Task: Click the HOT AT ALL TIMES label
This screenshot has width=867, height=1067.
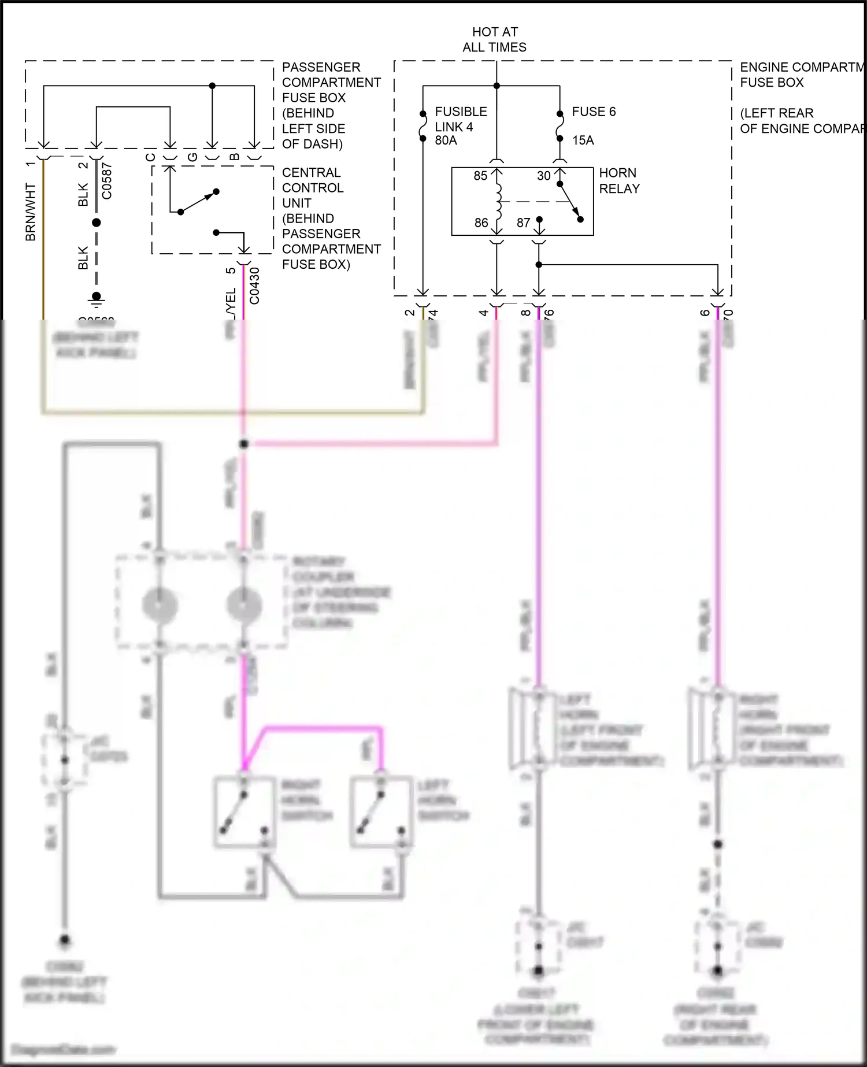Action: point(494,39)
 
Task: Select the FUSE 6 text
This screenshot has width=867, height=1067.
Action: point(594,112)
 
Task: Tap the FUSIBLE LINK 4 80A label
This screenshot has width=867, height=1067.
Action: point(460,126)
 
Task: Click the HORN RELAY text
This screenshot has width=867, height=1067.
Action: point(619,181)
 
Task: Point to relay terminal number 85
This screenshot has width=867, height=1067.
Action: point(480,176)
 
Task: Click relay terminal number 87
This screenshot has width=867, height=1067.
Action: point(523,223)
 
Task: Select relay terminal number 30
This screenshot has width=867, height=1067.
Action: point(543,176)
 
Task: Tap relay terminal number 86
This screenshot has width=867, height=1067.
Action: point(481,223)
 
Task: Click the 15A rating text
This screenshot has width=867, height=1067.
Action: point(583,140)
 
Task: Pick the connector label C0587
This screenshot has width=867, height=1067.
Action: point(107,181)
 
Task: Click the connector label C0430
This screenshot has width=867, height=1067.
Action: point(254,286)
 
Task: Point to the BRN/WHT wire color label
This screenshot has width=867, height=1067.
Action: point(31,212)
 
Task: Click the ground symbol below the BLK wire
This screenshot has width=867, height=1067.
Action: point(97,299)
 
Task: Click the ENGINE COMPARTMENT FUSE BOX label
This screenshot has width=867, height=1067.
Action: point(801,75)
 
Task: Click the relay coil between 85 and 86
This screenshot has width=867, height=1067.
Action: point(497,199)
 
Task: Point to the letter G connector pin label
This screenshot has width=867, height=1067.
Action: point(193,157)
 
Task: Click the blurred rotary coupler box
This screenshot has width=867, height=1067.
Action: point(202,603)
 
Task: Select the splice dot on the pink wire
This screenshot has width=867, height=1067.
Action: point(244,444)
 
